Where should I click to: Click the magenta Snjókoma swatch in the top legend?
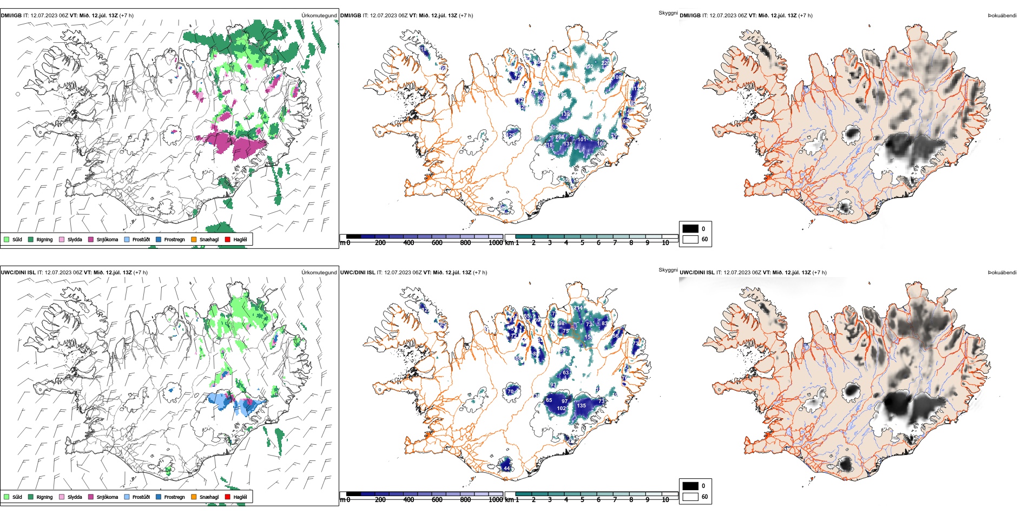[91, 239]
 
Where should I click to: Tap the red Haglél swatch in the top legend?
[228, 239]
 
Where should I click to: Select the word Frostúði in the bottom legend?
[141, 497]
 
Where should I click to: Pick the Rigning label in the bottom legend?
[44, 497]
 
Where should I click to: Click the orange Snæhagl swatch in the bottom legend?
[194, 497]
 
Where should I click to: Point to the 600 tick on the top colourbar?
[437, 243]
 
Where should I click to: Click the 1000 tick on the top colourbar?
[496, 243]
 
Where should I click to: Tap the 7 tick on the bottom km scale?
[615, 500]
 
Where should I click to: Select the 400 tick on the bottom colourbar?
[408, 500]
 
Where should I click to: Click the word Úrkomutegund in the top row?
[319, 16]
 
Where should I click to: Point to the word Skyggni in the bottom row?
[668, 269]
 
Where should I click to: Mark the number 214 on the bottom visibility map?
[578, 308]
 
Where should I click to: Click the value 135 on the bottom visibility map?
[582, 405]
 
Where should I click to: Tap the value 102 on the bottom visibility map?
[561, 408]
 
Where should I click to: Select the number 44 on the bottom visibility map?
[506, 467]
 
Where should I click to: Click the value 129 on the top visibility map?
[511, 135]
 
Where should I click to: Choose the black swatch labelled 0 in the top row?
[690, 228]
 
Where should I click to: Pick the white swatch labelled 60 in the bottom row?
[690, 496]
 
